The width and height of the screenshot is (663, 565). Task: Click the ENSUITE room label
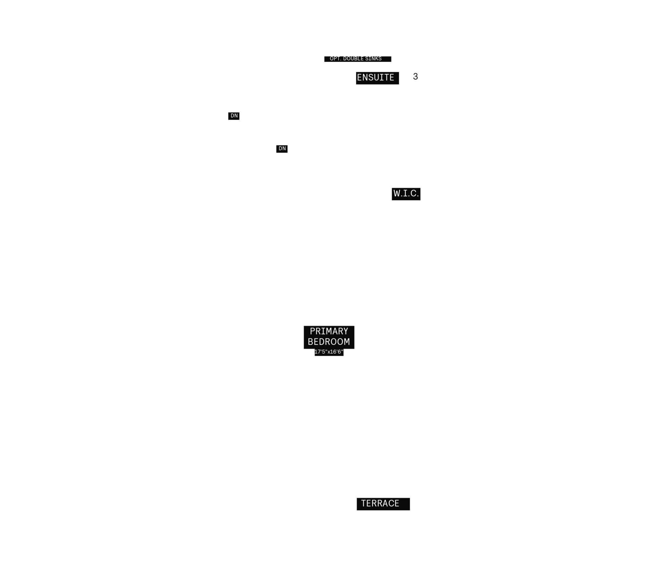pyautogui.click(x=375, y=77)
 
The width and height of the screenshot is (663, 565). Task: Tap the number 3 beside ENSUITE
pyautogui.click(x=415, y=77)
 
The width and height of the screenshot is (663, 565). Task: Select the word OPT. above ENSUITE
pyautogui.click(x=335, y=59)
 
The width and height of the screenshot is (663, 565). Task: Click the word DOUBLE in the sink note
pyautogui.click(x=353, y=59)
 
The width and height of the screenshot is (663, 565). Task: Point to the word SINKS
pyautogui.click(x=373, y=59)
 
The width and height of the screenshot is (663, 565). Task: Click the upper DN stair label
pyautogui.click(x=234, y=116)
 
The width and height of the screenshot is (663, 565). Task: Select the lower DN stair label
pyautogui.click(x=282, y=148)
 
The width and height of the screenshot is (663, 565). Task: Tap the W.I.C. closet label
pyautogui.click(x=406, y=193)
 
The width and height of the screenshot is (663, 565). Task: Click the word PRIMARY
pyautogui.click(x=329, y=331)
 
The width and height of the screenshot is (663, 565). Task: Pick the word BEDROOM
pyautogui.click(x=329, y=341)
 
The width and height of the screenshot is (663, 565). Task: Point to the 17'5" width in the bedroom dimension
pyautogui.click(x=321, y=352)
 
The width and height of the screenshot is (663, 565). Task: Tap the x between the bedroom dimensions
pyautogui.click(x=329, y=352)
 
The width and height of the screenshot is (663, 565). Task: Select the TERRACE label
pyautogui.click(x=380, y=503)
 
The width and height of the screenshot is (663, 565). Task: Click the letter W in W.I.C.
pyautogui.click(x=397, y=193)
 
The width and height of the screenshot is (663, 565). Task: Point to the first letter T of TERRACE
pyautogui.click(x=364, y=503)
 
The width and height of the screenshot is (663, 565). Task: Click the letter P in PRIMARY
pyautogui.click(x=313, y=331)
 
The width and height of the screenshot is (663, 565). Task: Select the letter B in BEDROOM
pyautogui.click(x=311, y=341)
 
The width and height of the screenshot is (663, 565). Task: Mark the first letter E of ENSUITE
pyautogui.click(x=360, y=77)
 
